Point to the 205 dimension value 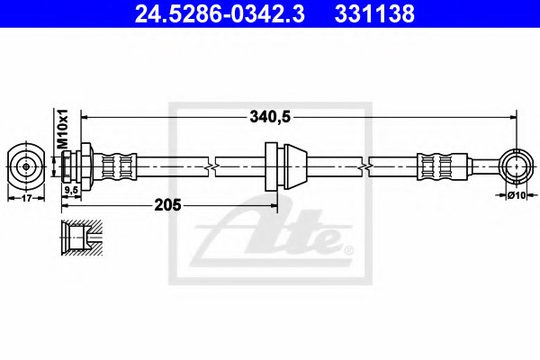tap(169, 205)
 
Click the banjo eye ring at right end tap(516, 166)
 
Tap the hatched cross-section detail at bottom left tap(80, 235)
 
